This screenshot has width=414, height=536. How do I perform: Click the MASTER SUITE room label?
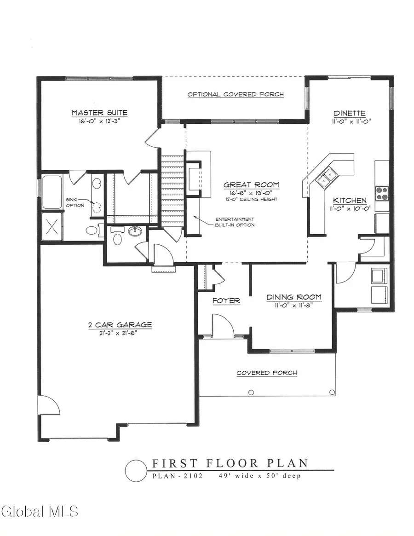coord(99,113)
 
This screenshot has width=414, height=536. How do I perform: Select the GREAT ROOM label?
coord(251,185)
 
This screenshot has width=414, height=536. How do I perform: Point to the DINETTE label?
coord(350,114)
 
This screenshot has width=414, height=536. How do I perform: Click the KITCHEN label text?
coord(350,201)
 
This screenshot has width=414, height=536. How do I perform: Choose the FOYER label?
coord(226,301)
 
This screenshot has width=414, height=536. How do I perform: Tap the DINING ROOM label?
coord(293,297)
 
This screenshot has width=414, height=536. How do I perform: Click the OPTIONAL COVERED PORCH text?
coord(235,95)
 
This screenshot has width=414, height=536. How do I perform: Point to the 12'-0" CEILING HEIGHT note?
coord(251,200)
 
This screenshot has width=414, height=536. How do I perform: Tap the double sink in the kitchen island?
coord(327,177)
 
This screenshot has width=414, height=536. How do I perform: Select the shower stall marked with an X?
coord(51,226)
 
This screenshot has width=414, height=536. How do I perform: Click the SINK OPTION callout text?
coord(75,202)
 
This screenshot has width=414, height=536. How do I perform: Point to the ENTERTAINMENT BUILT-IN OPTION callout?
coord(234,222)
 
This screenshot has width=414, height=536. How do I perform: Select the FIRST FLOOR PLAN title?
coord(230,463)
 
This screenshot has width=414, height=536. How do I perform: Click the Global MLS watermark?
coord(40,511)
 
